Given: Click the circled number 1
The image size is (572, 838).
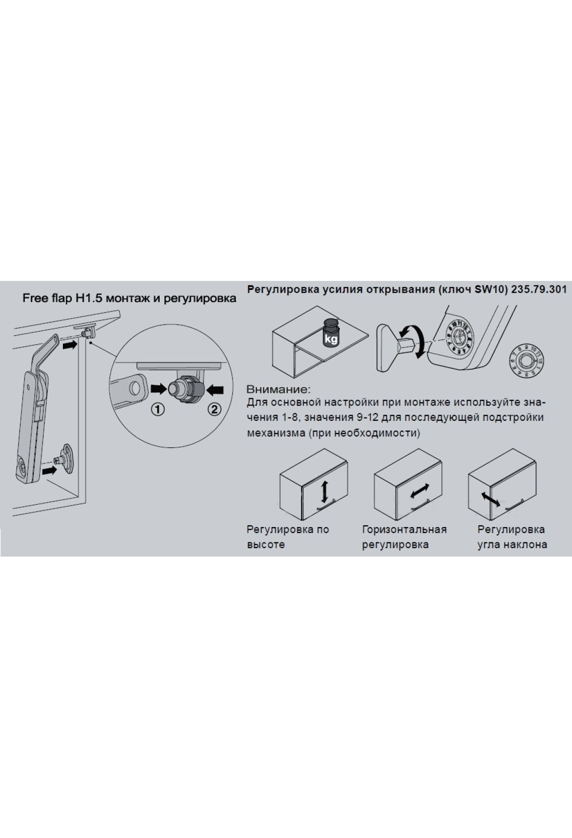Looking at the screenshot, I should tap(158, 409).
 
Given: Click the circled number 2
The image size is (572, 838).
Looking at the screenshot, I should tap(214, 409).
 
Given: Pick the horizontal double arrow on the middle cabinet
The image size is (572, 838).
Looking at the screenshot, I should tap(419, 491).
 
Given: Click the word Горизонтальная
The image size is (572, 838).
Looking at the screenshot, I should tap(404, 529).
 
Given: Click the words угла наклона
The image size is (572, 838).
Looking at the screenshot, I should tap(512, 545).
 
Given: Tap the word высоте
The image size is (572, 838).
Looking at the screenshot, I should tap(266, 545).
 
